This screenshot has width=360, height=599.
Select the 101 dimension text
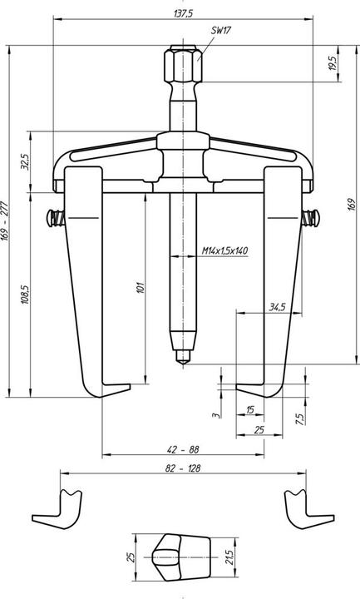tap(141, 288)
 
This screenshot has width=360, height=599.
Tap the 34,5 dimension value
tap(278, 307)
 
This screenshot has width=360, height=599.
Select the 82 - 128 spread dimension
tap(181, 469)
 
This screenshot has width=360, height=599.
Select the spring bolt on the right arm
tap(312, 218)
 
